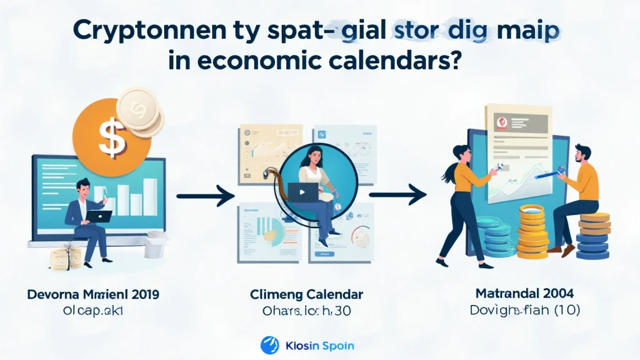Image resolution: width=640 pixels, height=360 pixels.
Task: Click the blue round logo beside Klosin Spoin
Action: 269,344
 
